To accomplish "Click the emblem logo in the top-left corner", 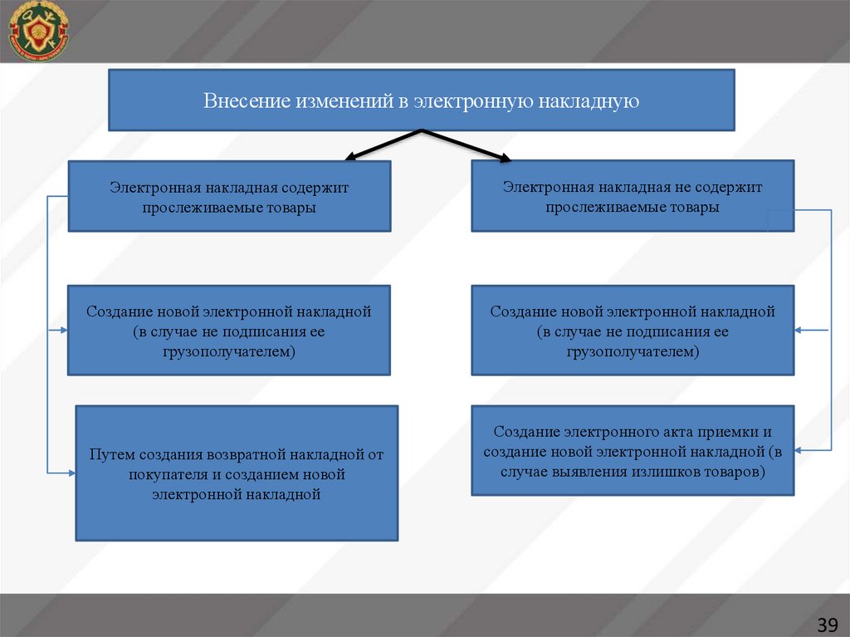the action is point(38,31).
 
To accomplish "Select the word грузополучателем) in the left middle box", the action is point(229,351).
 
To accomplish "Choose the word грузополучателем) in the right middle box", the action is point(633,351).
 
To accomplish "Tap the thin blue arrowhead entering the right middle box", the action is point(799,331).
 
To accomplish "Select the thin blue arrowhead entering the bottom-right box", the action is point(799,450).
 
